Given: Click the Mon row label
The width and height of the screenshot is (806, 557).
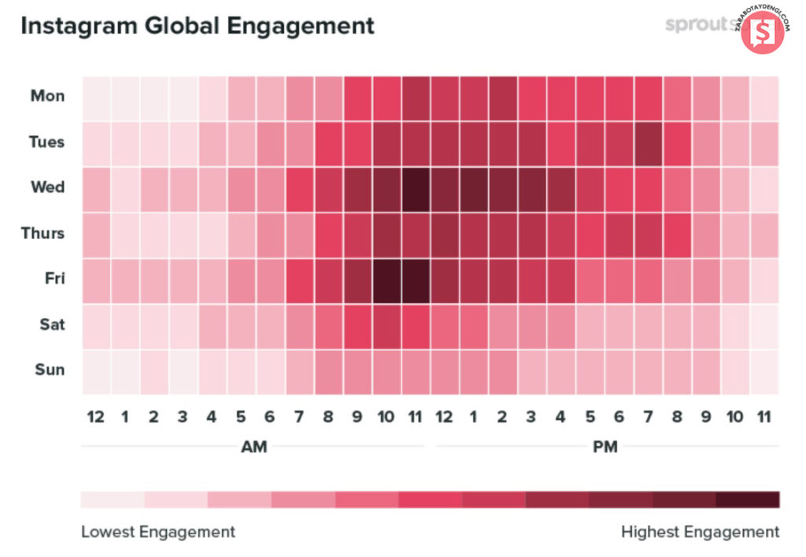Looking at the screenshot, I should click(48, 97).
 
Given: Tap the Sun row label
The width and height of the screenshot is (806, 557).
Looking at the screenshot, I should click(50, 370).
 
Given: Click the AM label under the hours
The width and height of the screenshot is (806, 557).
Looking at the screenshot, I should click(253, 448).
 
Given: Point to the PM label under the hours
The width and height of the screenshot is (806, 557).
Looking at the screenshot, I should click(604, 448).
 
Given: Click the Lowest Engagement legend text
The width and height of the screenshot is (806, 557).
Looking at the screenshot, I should click(157, 532).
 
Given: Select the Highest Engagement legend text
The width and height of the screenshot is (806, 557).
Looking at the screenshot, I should click(700, 532).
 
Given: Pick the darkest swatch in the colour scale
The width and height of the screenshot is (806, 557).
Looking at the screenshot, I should click(748, 500).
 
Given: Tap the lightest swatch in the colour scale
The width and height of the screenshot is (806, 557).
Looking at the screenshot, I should click(113, 500).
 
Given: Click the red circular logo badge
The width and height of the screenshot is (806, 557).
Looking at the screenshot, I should click(761, 32).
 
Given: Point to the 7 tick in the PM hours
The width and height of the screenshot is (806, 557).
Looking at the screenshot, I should click(648, 417).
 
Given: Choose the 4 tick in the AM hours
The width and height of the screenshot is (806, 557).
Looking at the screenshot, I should click(212, 417).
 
